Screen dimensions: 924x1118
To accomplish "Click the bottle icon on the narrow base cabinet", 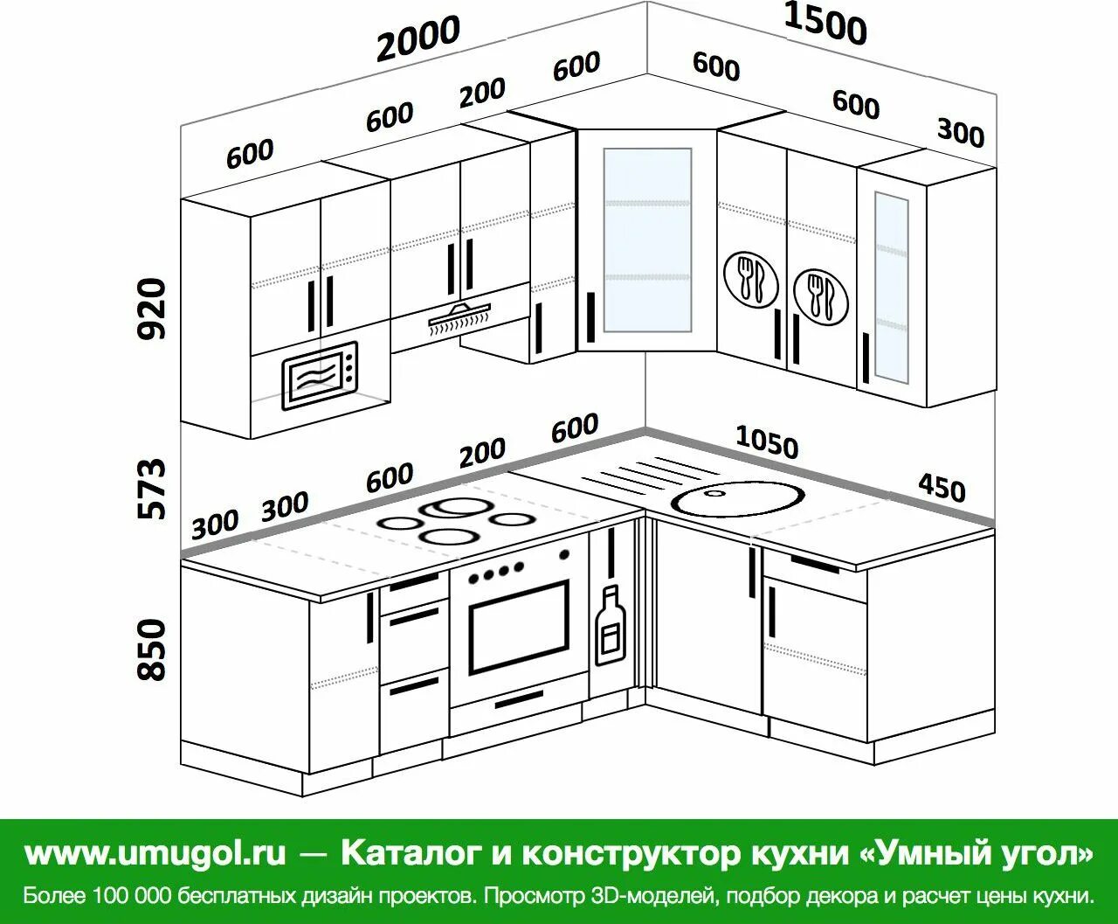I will pyautogui.click(x=610, y=626).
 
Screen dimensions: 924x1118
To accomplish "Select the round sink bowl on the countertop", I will pyautogui.click(x=738, y=499).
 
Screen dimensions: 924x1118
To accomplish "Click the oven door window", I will pyautogui.click(x=518, y=626).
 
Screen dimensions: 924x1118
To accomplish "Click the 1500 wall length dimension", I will pyautogui.click(x=825, y=24).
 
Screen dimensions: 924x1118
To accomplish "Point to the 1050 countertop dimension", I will pyautogui.click(x=767, y=442).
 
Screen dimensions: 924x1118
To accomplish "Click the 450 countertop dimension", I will pyautogui.click(x=941, y=486).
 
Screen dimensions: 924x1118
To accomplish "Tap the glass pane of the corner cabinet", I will pyautogui.click(x=646, y=240).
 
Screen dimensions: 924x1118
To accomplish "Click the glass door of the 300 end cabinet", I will pyautogui.click(x=891, y=287).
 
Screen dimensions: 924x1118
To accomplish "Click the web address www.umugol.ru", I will pyautogui.click(x=155, y=852).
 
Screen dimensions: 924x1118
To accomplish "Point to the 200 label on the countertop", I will pyautogui.click(x=482, y=452).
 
